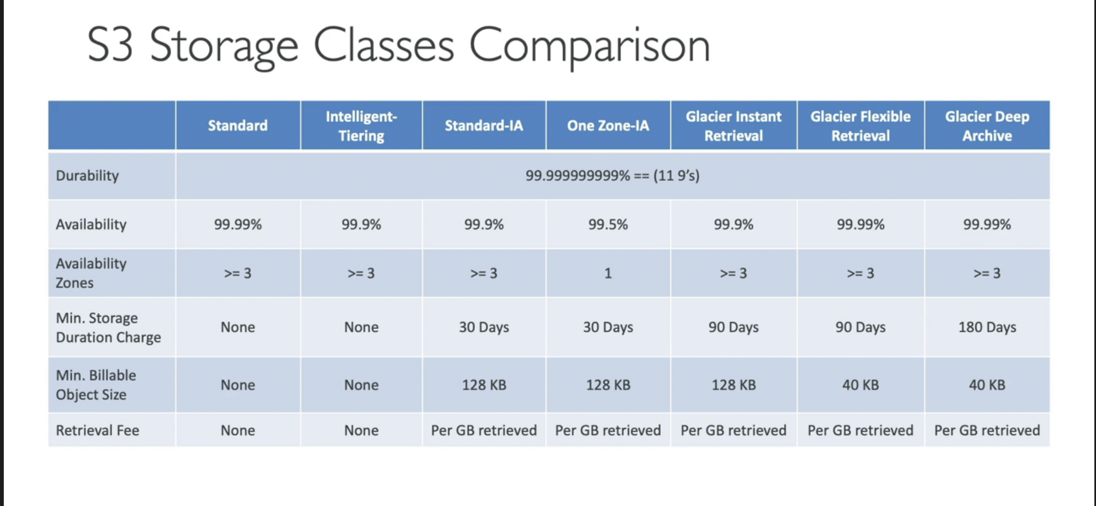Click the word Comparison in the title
click(590, 46)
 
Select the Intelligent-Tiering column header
click(361, 126)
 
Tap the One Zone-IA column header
click(608, 126)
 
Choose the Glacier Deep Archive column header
click(987, 126)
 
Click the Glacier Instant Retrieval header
click(733, 126)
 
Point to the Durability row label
click(87, 175)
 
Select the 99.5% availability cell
click(608, 224)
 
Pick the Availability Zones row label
click(91, 273)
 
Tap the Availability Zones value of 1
click(608, 273)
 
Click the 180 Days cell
click(987, 327)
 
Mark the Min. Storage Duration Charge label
click(108, 327)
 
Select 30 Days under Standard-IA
click(484, 327)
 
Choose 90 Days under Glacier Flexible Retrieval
click(860, 327)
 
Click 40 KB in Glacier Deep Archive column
click(987, 385)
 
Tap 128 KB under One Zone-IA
click(608, 385)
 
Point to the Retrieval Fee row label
click(97, 430)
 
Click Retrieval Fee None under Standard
click(238, 430)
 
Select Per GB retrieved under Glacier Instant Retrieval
click(733, 430)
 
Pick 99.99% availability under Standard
click(238, 224)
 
